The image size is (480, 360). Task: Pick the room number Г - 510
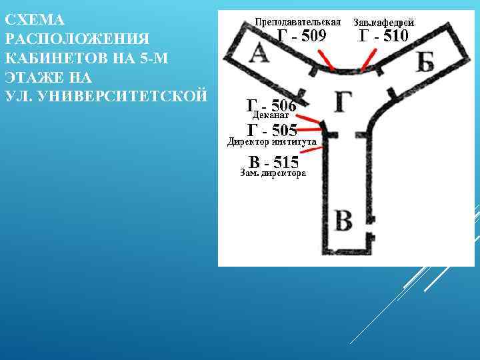(x=383, y=36)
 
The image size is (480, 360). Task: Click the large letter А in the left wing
(x=259, y=54)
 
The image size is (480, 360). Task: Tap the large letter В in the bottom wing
(x=343, y=220)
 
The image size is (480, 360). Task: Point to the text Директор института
(x=271, y=141)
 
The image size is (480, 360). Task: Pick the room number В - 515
(x=273, y=161)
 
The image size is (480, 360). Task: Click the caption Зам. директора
(x=273, y=173)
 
